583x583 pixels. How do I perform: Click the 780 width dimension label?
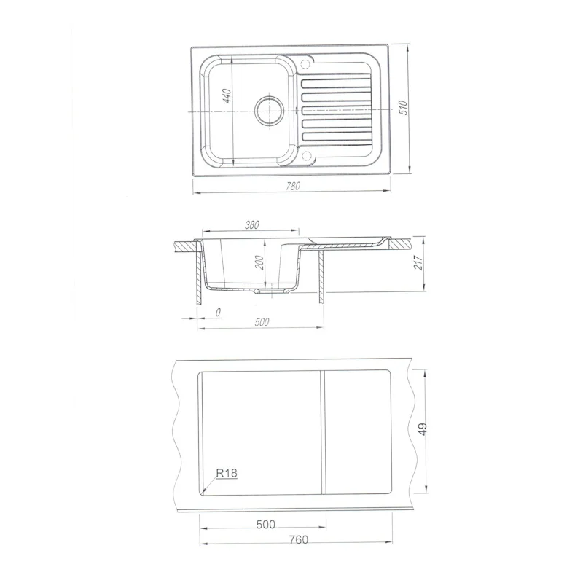pos(293,186)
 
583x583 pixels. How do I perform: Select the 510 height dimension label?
pos(404,108)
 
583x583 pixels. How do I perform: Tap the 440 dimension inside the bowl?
pos(227,96)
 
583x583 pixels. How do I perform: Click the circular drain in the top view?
pos(269,110)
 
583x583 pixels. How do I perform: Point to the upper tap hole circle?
pos(305,64)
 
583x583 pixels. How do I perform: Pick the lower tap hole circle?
pos(307,156)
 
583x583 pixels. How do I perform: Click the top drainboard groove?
pos(337,83)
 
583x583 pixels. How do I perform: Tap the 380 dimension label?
pos(252,225)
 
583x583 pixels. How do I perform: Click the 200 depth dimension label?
pos(260,262)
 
